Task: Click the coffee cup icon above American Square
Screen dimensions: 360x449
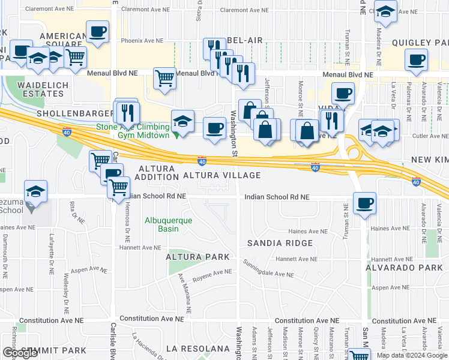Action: click(97, 31)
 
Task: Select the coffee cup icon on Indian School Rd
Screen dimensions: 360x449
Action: click(364, 203)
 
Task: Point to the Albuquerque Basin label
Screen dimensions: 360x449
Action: click(168, 224)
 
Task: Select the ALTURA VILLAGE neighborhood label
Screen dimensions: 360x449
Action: click(221, 175)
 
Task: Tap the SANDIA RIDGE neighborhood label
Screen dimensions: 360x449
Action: click(280, 243)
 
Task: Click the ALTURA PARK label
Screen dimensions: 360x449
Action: click(198, 257)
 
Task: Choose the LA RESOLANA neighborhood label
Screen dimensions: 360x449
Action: click(198, 349)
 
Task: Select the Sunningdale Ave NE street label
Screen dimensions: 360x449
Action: click(268, 269)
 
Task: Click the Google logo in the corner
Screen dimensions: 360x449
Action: click(20, 353)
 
